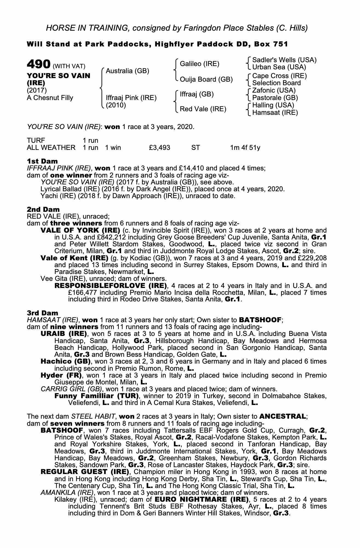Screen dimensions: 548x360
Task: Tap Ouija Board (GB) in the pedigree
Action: click(x=206, y=79)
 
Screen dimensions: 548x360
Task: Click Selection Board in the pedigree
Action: click(x=276, y=83)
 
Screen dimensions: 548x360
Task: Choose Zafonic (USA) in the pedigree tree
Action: click(x=274, y=90)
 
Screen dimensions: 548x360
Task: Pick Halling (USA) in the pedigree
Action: click(x=273, y=105)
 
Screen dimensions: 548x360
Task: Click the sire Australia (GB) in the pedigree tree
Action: click(x=127, y=71)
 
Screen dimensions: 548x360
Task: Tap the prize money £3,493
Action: click(x=159, y=148)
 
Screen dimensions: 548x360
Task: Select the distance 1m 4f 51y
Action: click(x=245, y=148)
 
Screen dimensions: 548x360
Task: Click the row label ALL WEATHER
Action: click(x=51, y=148)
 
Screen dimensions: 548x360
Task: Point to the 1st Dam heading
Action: click(x=42, y=161)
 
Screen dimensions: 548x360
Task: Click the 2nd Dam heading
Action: click(x=43, y=209)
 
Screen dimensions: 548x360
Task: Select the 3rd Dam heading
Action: click(x=42, y=313)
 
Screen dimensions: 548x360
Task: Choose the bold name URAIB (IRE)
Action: click(x=64, y=334)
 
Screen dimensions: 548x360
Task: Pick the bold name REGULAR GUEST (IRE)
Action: click(x=85, y=472)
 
